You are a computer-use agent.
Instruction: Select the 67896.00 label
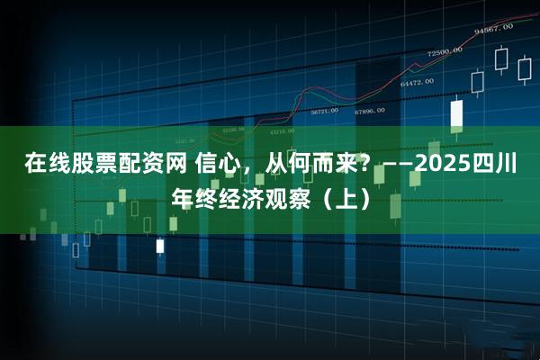click(x=369, y=111)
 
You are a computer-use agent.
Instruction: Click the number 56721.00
click(x=324, y=112)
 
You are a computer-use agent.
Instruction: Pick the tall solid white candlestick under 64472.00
click(x=456, y=114)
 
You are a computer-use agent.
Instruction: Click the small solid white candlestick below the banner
click(x=160, y=245)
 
